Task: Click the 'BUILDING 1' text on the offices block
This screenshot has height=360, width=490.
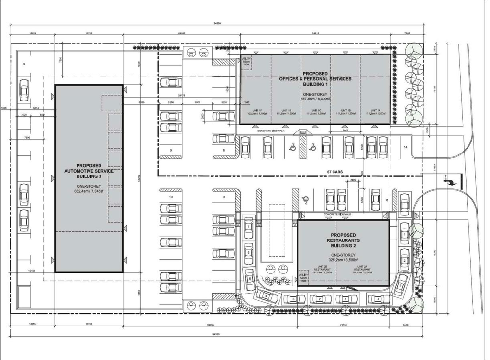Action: coord(314,84)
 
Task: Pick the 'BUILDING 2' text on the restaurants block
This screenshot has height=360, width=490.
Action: coord(343,246)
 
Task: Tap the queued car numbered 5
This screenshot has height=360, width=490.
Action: coord(249,279)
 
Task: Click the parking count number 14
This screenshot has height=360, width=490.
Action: coord(405,148)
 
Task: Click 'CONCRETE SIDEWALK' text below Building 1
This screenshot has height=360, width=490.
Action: coord(270,131)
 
